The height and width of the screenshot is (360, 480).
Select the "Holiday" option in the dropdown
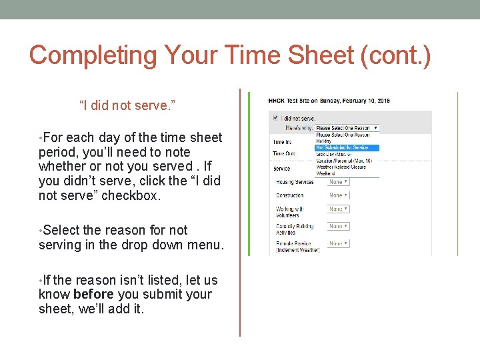point(325,141)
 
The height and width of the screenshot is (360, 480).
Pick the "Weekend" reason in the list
point(325,173)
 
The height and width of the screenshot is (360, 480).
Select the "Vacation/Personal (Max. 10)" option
point(344,161)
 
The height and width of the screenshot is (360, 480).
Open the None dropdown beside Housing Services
point(339,182)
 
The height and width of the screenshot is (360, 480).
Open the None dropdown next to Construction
point(339,195)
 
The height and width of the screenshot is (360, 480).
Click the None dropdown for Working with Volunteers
point(339,209)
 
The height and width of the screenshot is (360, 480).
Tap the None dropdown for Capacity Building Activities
point(339,227)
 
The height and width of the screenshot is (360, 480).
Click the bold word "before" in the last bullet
point(93,295)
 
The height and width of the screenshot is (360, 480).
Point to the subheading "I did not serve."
point(127,105)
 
